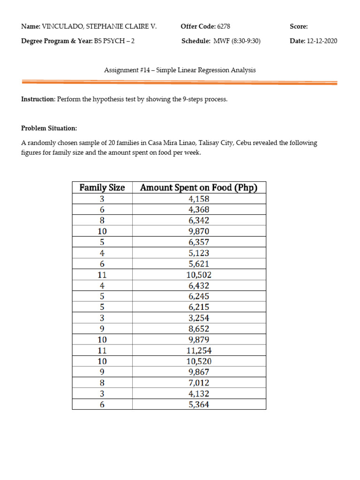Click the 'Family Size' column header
point(102,187)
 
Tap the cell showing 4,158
point(199,199)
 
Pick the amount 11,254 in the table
point(199,350)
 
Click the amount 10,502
point(199,275)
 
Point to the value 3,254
point(199,318)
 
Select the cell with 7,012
point(199,383)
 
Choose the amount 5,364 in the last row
point(199,405)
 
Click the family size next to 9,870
point(102,231)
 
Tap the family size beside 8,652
point(102,329)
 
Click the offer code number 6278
point(224,27)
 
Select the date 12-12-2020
point(322,41)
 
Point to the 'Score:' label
point(299,27)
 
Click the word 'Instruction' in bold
point(38,100)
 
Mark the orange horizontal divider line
point(180,82)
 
